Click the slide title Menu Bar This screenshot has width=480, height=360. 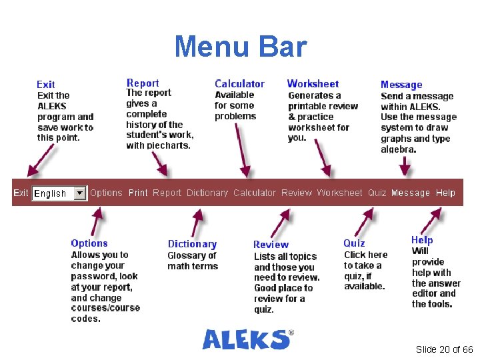click(240, 47)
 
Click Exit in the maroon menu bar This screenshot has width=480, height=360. click(21, 193)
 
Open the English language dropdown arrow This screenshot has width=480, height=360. click(80, 193)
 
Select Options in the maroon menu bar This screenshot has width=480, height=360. click(106, 193)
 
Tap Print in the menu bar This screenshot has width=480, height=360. click(138, 193)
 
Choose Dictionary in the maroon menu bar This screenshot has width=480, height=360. click(207, 193)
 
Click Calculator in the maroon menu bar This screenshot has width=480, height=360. click(254, 193)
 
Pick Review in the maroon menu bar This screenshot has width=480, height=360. click(296, 193)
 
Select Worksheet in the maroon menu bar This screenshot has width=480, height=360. click(339, 193)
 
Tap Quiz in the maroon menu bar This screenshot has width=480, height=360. click(377, 193)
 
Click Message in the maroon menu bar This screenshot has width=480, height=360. click(411, 193)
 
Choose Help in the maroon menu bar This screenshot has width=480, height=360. click(445, 193)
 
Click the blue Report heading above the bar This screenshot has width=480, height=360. click(143, 83)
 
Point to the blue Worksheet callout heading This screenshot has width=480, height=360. click(313, 84)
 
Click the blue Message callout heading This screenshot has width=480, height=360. click(401, 85)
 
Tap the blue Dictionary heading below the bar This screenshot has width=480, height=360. click(192, 244)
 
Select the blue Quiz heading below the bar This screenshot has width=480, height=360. click(354, 243)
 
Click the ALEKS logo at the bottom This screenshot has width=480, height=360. click(247, 339)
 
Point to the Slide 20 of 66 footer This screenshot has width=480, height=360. click(444, 349)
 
